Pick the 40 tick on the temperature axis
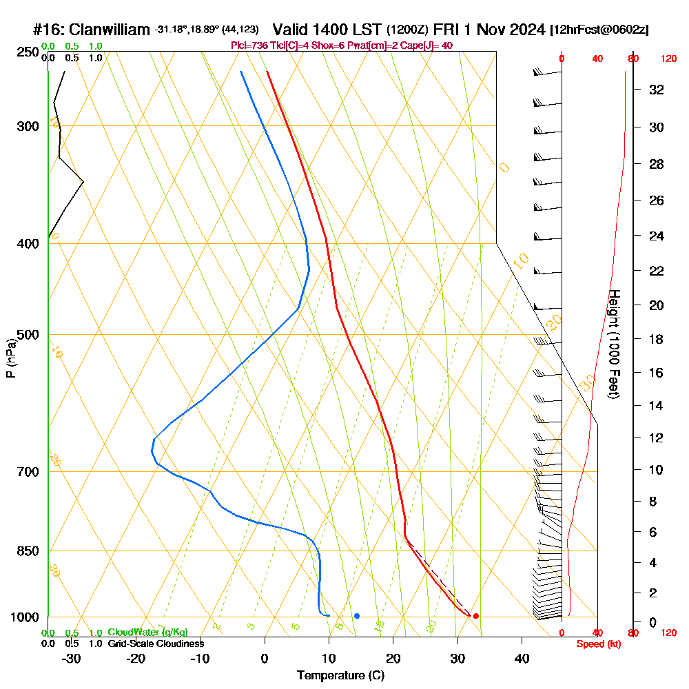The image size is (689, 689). click(x=522, y=658)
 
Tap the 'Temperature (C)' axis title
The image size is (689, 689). click(x=340, y=676)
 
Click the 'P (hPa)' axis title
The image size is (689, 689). click(x=10, y=358)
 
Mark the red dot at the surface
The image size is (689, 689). click(x=475, y=616)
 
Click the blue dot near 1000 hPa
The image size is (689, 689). click(x=357, y=616)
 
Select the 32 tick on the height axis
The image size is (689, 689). click(x=657, y=90)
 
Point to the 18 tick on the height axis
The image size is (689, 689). click(x=657, y=339)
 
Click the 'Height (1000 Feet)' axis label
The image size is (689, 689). click(x=613, y=344)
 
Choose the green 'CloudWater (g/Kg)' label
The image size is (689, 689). click(x=147, y=633)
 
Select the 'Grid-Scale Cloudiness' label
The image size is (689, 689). click(x=156, y=644)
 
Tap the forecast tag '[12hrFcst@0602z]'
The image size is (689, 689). click(x=599, y=30)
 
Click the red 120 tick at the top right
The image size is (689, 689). click(x=668, y=59)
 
